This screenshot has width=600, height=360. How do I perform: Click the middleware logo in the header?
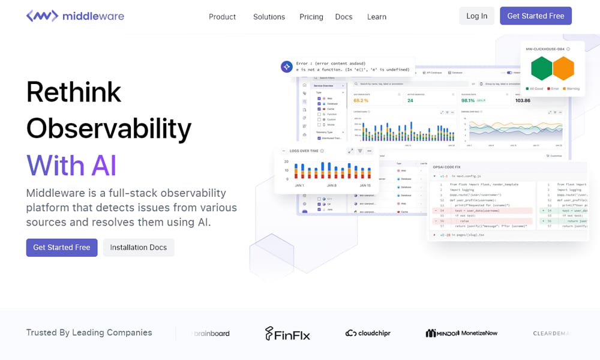point(75,16)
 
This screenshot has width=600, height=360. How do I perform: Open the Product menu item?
point(222,17)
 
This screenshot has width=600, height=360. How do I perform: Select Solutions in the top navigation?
point(269,17)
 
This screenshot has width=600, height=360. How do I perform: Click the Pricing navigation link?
point(311,17)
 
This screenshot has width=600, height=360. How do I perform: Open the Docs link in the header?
point(344,17)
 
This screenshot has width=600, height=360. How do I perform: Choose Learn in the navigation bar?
point(377,17)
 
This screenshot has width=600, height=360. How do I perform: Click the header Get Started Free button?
point(536,16)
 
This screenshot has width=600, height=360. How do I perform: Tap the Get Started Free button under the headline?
point(62,247)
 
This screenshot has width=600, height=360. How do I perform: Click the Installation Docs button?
point(139,247)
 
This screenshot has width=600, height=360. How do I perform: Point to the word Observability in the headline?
point(109,128)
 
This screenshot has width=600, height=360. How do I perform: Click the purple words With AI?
point(71,165)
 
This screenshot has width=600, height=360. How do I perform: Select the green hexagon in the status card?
point(542,68)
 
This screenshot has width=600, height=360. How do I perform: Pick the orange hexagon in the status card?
point(563,68)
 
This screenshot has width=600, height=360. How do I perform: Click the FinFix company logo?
point(287,334)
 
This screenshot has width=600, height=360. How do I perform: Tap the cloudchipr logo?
point(368,333)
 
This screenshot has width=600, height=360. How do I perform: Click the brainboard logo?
point(211,333)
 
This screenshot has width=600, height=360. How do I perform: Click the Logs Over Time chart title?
point(304,151)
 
